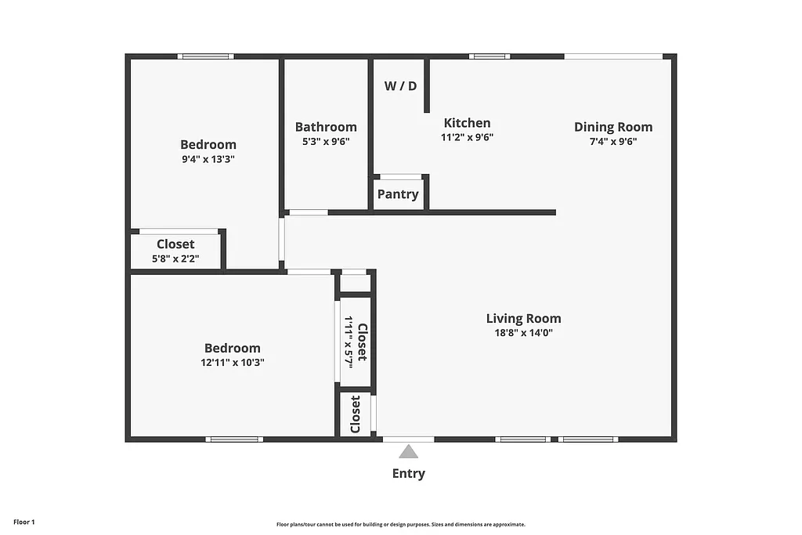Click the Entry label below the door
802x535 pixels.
408,473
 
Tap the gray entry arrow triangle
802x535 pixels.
408,451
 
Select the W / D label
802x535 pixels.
400,86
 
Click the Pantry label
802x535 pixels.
398,194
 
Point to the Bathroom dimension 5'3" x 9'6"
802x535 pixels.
326,142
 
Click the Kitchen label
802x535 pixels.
467,123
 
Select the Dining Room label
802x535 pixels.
612,127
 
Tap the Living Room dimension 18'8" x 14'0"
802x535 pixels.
523,332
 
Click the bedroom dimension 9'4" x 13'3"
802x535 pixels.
208,158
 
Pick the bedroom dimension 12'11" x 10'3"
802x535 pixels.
232,363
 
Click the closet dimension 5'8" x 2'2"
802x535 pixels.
175,258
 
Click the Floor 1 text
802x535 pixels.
24,522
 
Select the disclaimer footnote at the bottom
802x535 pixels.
400,525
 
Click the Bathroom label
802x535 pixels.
326,127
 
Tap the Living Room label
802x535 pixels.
523,318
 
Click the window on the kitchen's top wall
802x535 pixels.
490,56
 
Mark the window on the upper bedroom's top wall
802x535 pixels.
205,56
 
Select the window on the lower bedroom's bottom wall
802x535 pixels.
233,439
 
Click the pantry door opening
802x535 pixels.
400,177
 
